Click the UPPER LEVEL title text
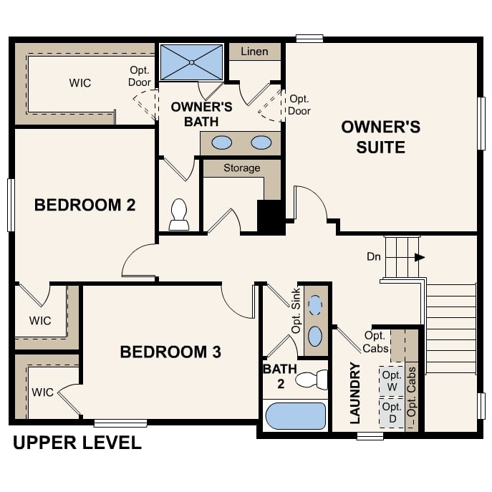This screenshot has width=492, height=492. point(77,443)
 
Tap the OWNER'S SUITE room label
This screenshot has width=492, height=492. point(380,138)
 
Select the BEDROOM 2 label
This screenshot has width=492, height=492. point(85,206)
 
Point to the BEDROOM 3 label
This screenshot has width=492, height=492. point(170,352)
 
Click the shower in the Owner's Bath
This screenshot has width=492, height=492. point(191,62)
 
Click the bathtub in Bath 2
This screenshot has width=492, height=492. point(295,415)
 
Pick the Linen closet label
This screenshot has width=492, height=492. point(254,52)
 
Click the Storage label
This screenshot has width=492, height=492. point(241,168)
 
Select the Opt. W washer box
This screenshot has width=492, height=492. point(391,381)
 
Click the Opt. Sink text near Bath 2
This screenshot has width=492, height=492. point(296,312)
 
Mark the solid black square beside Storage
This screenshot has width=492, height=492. point(271,216)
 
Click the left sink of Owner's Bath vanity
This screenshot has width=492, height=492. point(222,143)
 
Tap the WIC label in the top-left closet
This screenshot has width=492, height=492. point(80,83)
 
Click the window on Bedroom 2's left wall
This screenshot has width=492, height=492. point(11,205)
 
